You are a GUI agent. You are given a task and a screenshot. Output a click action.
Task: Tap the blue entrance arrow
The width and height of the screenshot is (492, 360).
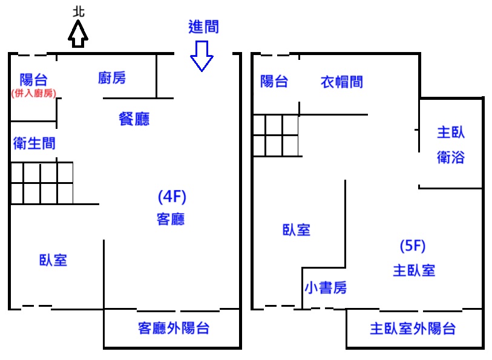(202, 56)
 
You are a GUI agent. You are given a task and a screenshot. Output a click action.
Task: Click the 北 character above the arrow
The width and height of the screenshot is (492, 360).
(78, 11)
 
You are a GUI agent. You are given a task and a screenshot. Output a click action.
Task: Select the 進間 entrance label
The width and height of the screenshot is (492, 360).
(203, 27)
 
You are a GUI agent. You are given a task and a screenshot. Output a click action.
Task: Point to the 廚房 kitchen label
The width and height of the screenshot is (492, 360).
(112, 77)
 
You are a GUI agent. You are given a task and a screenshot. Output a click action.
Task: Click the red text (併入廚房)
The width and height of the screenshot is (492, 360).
(33, 93)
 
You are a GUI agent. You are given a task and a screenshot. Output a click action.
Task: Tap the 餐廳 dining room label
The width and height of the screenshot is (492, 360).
(134, 119)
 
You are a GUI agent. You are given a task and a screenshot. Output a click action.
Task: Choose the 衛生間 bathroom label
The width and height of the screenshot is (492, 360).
(34, 143)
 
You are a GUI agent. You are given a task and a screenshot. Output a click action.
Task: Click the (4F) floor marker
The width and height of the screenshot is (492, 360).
(171, 197)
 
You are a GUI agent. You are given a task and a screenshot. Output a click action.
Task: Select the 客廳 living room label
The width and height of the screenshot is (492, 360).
(171, 219)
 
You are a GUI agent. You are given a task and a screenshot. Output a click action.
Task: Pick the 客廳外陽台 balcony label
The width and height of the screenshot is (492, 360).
(174, 329)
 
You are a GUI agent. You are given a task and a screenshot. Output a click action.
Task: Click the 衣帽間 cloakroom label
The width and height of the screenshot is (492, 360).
(342, 82)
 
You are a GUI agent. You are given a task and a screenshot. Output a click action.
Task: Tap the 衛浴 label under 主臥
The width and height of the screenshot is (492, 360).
(451, 157)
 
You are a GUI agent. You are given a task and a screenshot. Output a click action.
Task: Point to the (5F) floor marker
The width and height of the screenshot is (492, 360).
(413, 246)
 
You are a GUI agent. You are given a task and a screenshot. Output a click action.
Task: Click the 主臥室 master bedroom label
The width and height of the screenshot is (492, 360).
(414, 270)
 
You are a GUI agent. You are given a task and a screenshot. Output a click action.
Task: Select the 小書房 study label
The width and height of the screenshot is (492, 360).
(326, 288)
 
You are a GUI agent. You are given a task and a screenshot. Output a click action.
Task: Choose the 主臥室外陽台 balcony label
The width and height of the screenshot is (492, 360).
(413, 329)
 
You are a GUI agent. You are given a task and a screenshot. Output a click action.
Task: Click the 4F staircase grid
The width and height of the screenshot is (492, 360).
(42, 183)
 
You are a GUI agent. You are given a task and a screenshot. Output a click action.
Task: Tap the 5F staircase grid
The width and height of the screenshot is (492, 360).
(276, 135)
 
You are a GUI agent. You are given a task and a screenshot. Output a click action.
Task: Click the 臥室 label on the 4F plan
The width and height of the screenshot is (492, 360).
(53, 260)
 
